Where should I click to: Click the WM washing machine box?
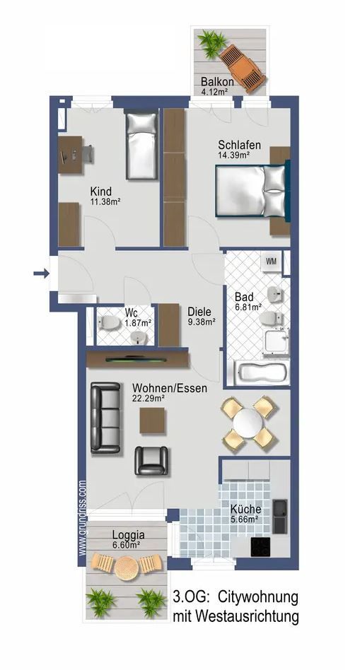coord(271,262)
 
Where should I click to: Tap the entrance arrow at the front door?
coord(40,272)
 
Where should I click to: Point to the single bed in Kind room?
coord(141,146)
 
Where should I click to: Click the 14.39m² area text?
coord(238,157)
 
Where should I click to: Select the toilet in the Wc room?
coord(110,324)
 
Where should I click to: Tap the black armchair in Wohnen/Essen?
coord(152,460)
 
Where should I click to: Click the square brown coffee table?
coord(153,421)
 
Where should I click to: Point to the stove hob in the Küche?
coord(261,546)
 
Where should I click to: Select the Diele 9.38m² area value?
coord(201,322)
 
